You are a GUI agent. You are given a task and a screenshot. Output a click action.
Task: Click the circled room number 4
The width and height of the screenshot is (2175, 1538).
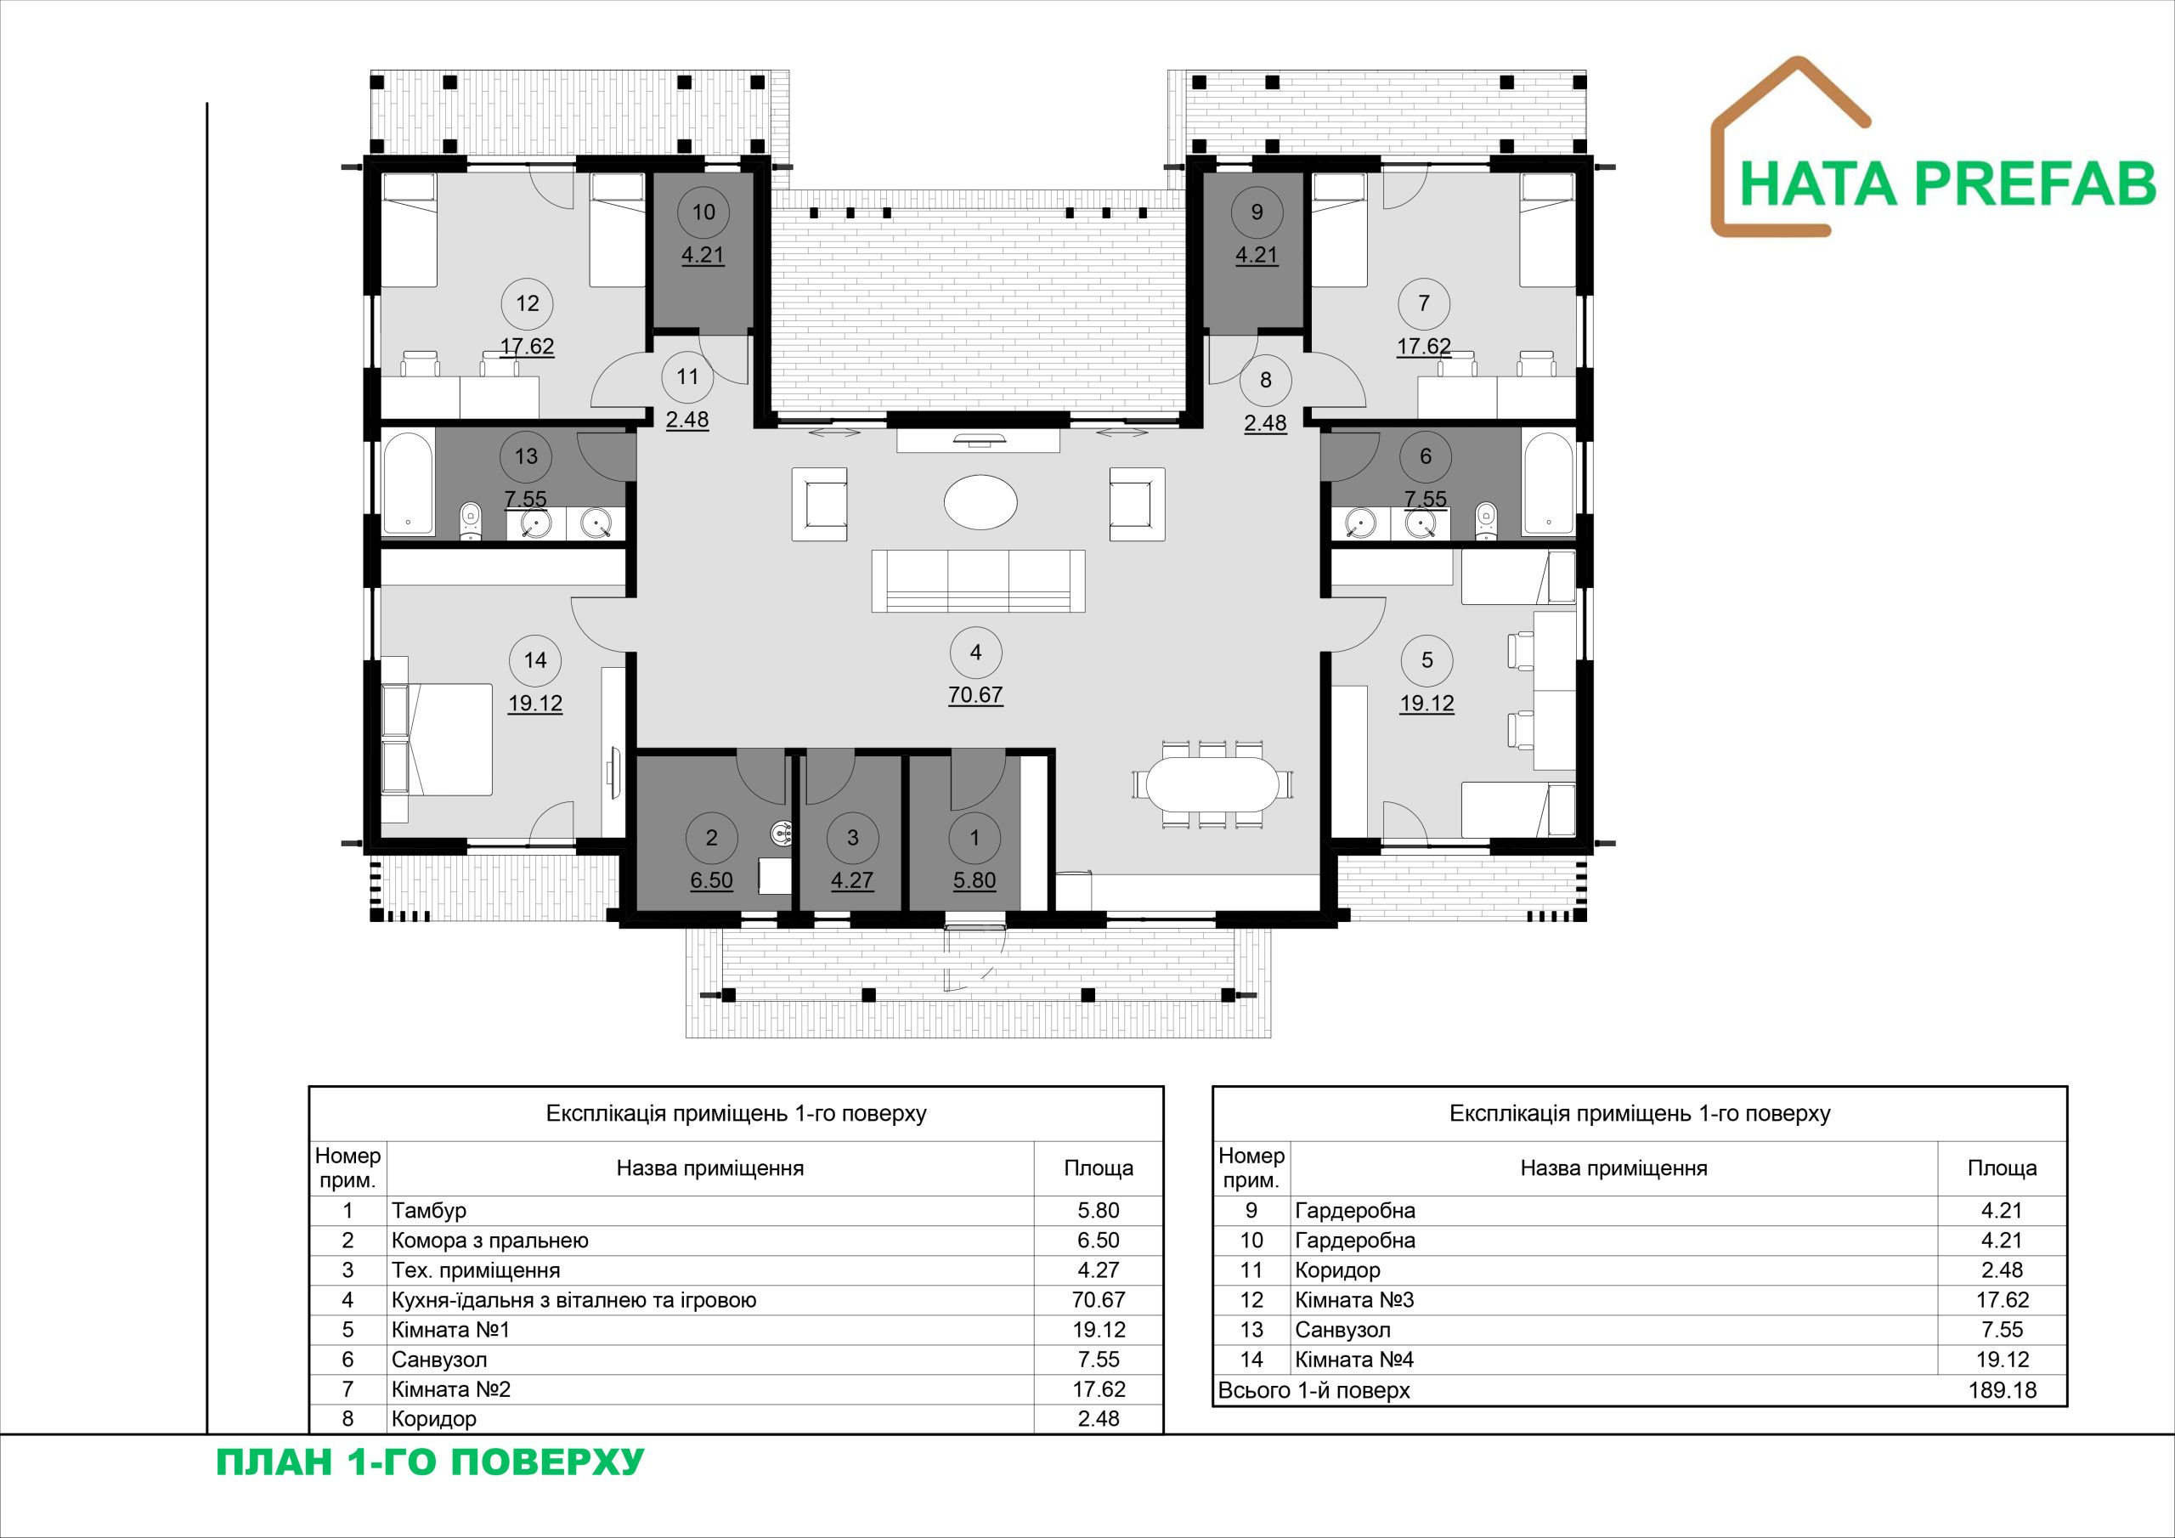point(975,652)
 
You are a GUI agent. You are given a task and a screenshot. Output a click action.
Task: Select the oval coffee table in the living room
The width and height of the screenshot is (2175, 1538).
point(980,502)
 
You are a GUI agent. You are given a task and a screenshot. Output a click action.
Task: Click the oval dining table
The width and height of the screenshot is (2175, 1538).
point(1212,783)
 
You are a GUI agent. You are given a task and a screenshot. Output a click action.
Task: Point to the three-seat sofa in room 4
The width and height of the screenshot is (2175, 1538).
point(979,581)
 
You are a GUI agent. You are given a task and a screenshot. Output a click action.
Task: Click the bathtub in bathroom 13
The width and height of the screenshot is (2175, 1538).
point(409,484)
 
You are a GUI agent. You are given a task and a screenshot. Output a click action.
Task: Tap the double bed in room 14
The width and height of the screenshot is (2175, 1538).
point(437,740)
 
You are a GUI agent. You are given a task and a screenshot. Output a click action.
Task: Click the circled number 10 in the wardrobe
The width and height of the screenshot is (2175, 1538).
point(703,212)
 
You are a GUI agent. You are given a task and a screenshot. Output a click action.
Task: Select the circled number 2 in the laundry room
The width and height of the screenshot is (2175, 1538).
point(711,838)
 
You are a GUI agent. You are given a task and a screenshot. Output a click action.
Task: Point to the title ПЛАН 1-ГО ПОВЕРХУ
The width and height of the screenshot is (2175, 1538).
point(430,1462)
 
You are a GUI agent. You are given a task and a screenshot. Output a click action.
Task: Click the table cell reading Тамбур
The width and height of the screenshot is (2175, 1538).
point(428,1210)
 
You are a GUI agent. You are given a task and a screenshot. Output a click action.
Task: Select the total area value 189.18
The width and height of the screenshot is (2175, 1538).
point(2002,1390)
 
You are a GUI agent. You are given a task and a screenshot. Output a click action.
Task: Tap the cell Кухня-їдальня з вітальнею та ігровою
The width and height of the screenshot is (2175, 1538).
point(574,1300)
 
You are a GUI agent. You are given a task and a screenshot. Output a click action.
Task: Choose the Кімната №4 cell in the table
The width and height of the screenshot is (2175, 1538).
point(1353,1360)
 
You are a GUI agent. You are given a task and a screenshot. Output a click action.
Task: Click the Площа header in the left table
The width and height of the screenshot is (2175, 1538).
point(1098,1168)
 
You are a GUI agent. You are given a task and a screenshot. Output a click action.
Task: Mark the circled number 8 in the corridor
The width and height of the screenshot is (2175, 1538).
point(1266,380)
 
